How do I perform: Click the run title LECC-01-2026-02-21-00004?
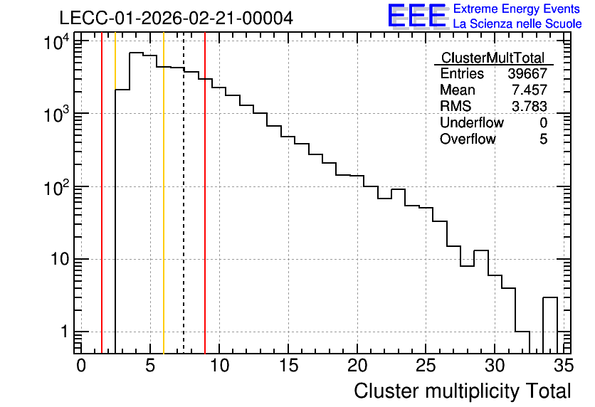176,18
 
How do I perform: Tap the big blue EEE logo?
417,16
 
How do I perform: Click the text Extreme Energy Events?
517,9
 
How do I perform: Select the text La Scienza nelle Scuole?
517,23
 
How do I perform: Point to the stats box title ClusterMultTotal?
493,58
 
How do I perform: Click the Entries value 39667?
527,73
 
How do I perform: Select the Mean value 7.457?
530,90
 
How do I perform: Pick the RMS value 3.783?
530,106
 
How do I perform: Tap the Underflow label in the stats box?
472,122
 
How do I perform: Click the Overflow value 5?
543,139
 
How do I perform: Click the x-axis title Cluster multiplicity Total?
462,391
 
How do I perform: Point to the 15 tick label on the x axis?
288,366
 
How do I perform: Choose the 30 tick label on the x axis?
495,366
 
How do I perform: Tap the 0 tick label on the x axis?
81,366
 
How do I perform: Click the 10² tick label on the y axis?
57,188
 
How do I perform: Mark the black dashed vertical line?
184,193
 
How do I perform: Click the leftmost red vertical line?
102,193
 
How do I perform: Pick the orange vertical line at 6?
164,193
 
